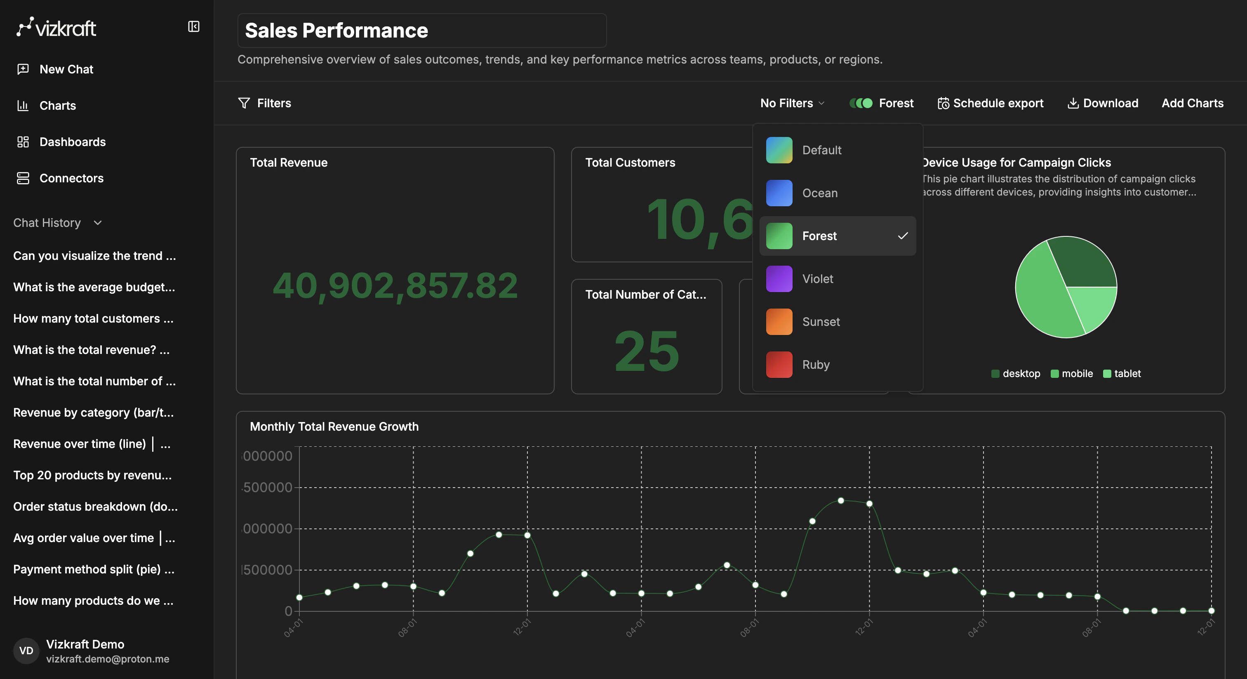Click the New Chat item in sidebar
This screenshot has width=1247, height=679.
pyautogui.click(x=66, y=69)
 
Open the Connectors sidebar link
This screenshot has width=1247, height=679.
pyautogui.click(x=71, y=178)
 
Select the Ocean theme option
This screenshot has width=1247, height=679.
pyautogui.click(x=819, y=193)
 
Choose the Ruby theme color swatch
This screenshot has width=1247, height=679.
pyautogui.click(x=779, y=365)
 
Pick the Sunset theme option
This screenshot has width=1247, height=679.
pyautogui.click(x=821, y=322)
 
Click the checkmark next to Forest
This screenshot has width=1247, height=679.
pyautogui.click(x=902, y=236)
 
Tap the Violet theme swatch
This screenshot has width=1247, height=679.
pyautogui.click(x=779, y=279)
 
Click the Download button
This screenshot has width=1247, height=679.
pyautogui.click(x=1103, y=103)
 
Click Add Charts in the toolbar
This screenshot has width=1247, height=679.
pyautogui.click(x=1192, y=103)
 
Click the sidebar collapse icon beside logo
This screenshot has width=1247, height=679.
pyautogui.click(x=194, y=27)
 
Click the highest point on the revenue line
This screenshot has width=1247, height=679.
pyautogui.click(x=841, y=501)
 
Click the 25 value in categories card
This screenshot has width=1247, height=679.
pyautogui.click(x=646, y=351)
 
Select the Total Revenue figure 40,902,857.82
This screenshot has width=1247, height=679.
pyautogui.click(x=395, y=286)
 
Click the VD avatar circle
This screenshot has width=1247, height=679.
pyautogui.click(x=26, y=651)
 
